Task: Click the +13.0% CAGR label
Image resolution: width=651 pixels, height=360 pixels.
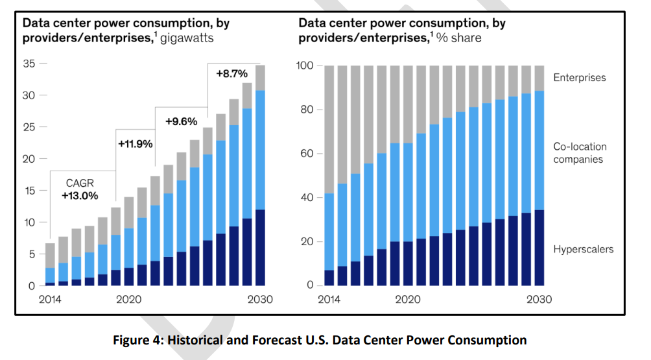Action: [80, 195]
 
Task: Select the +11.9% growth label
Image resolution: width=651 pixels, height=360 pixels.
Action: [135, 144]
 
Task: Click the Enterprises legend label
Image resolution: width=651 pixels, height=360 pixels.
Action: [579, 78]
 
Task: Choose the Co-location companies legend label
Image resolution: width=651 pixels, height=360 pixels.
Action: [579, 153]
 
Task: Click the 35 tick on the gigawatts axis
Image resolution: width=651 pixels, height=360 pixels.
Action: [28, 64]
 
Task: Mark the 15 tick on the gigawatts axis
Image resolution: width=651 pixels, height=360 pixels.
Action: [28, 191]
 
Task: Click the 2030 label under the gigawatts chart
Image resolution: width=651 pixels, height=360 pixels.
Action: [260, 300]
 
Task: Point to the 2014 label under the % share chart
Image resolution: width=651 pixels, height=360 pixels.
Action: [330, 300]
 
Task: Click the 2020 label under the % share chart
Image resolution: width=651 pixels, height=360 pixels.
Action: [407, 300]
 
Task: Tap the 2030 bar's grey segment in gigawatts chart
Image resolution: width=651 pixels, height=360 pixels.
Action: [260, 78]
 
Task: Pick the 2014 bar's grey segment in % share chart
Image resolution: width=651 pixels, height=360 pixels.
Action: [329, 130]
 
